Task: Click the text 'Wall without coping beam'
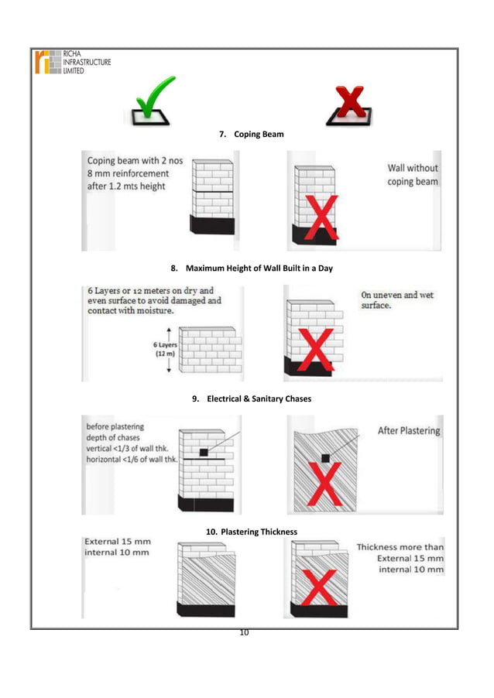click(412, 175)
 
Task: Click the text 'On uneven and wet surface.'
click(397, 300)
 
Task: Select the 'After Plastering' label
click(408, 430)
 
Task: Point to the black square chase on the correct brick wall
click(203, 452)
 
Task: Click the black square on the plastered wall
click(326, 458)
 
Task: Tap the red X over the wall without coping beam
click(316, 218)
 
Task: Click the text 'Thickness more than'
click(400, 547)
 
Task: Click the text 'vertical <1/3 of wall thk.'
click(131, 449)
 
